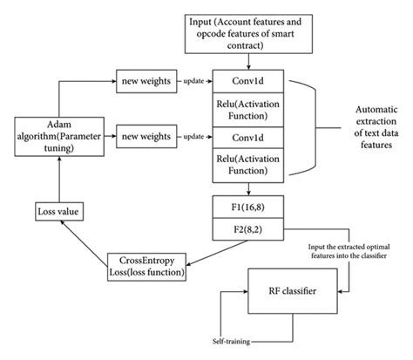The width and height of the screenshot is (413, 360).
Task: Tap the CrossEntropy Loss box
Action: (x=147, y=265)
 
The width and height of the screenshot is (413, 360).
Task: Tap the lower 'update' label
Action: (x=193, y=137)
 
